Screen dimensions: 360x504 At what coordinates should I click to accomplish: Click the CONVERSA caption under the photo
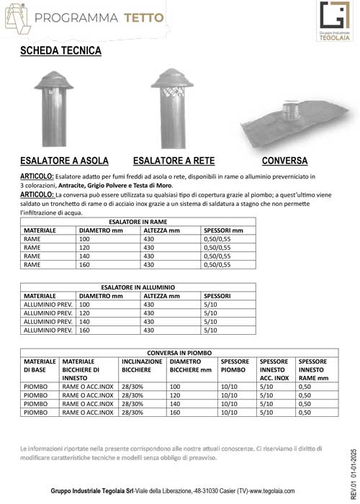click(x=285, y=160)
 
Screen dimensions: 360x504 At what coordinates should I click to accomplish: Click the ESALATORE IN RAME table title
click(x=137, y=222)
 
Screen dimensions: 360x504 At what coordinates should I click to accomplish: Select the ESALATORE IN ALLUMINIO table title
click(x=136, y=287)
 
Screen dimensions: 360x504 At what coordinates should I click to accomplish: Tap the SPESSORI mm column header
click(x=224, y=230)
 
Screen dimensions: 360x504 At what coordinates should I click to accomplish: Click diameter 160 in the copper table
click(x=84, y=264)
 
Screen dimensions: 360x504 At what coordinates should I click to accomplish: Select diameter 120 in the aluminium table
click(x=84, y=313)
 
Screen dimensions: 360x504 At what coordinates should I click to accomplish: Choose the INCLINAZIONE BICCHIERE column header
click(x=142, y=366)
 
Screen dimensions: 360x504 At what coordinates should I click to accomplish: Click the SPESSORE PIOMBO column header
click(x=235, y=366)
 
